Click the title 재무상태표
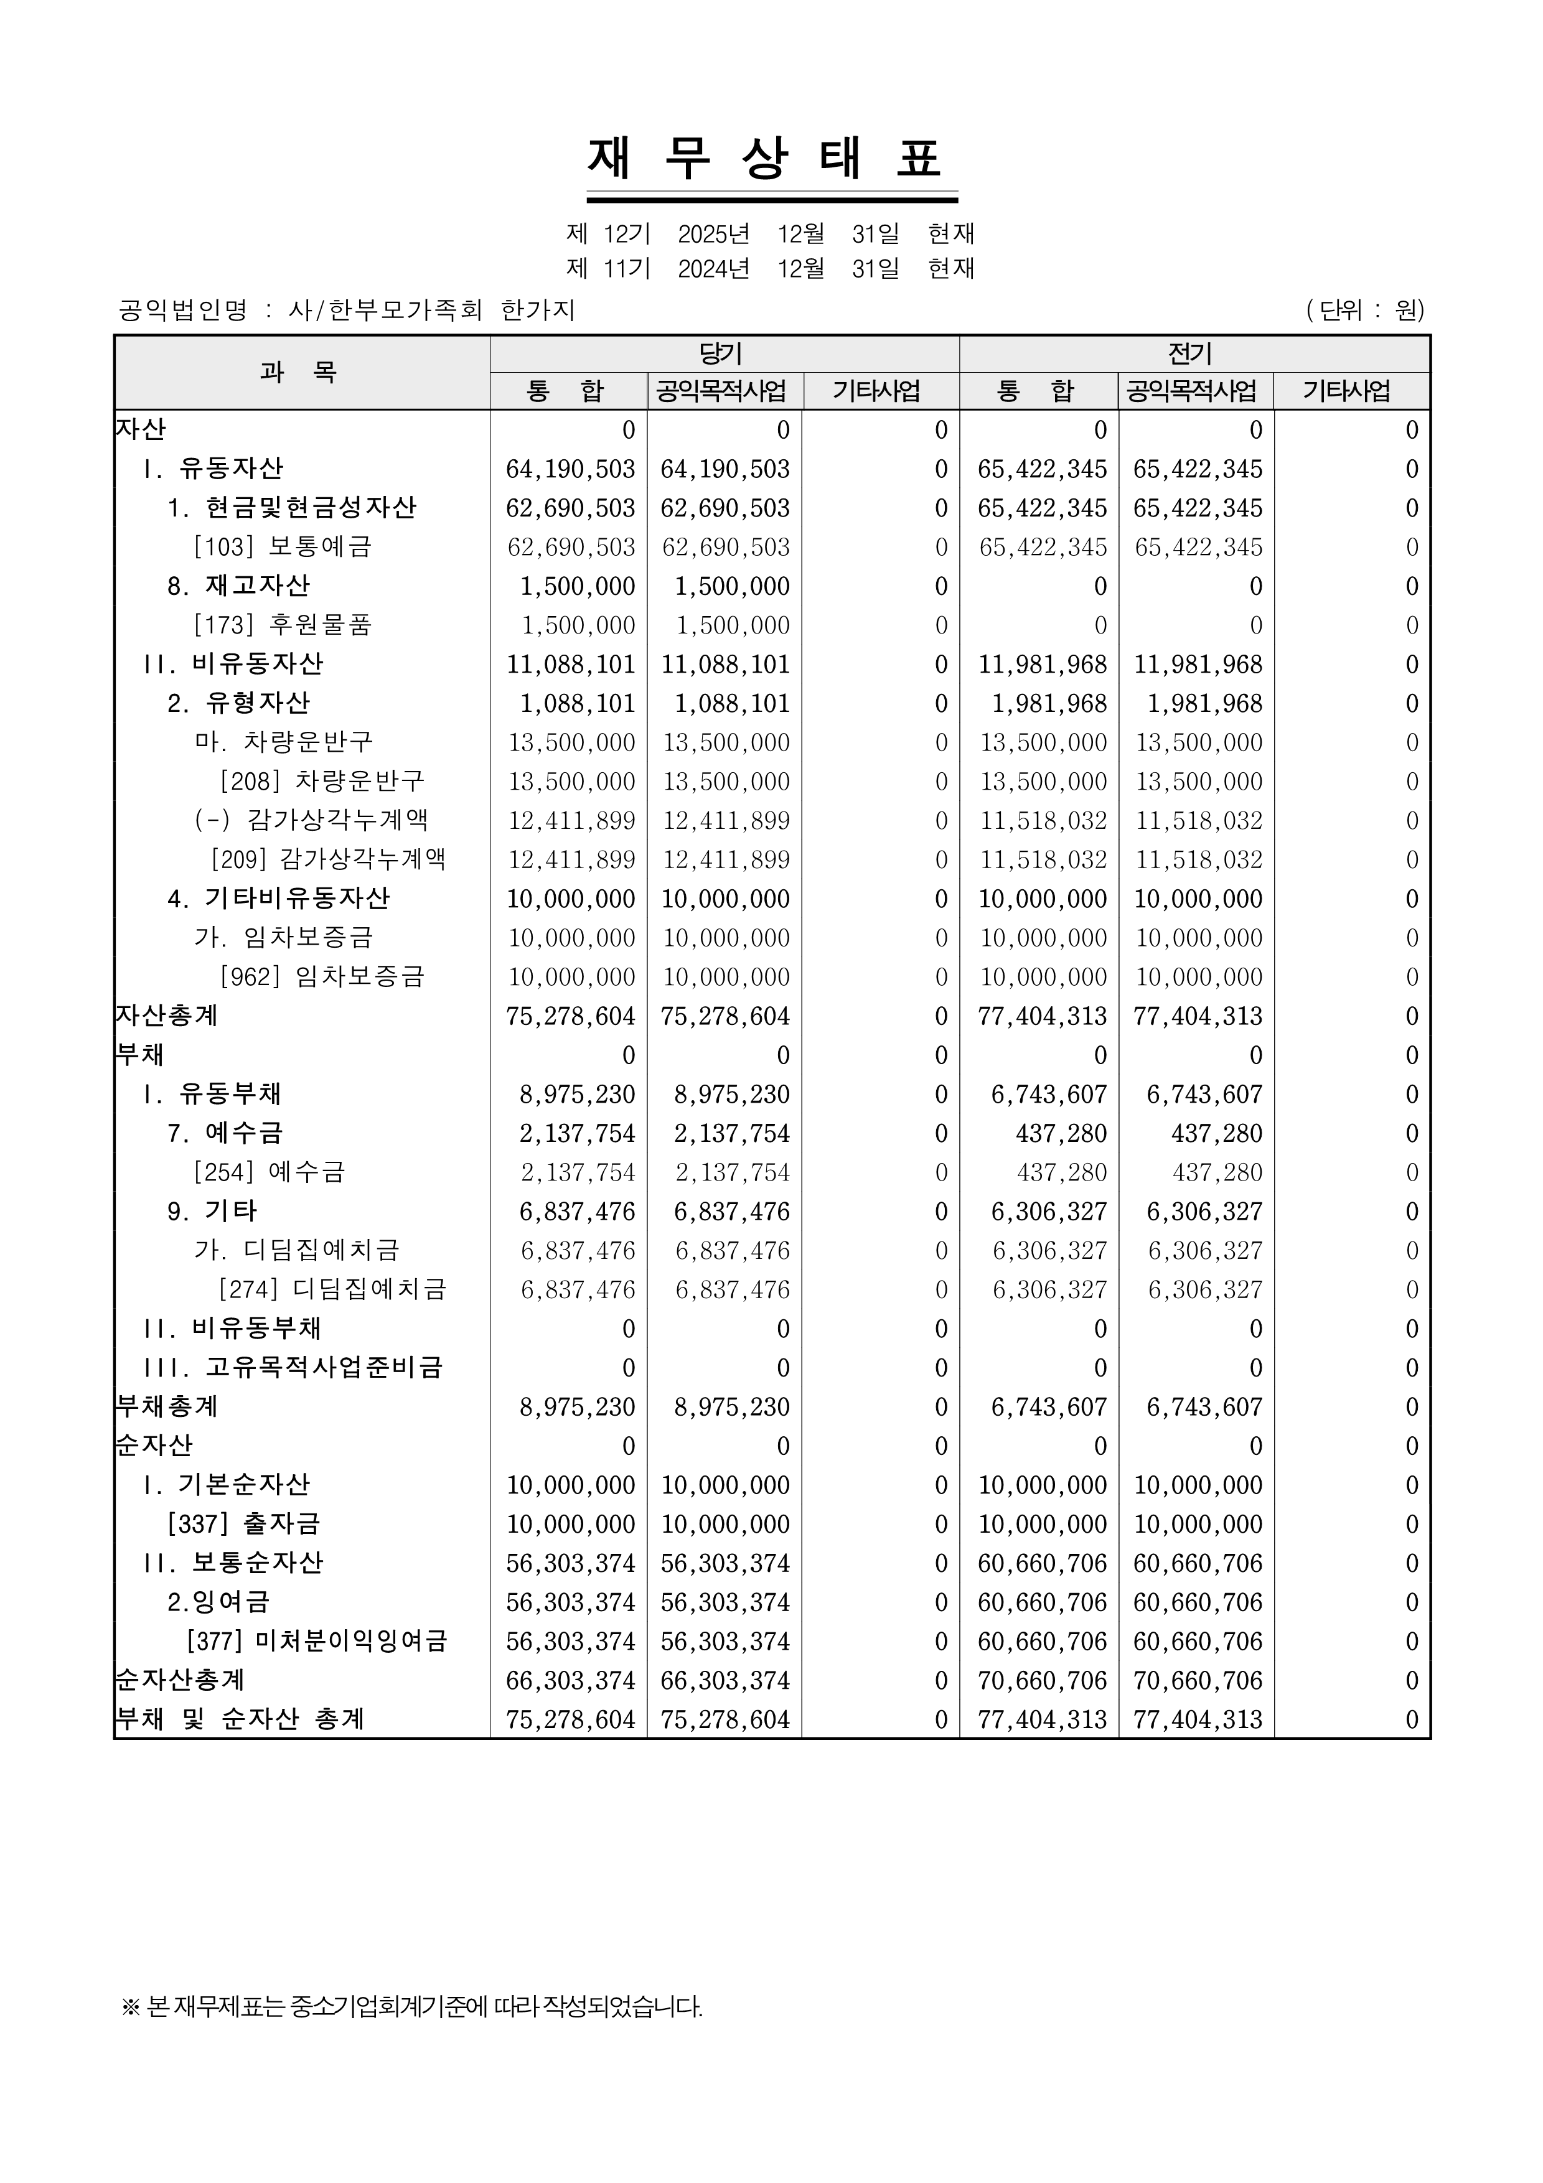click(771, 158)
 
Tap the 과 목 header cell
click(301, 372)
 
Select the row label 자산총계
click(167, 1016)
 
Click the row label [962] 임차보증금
click(322, 976)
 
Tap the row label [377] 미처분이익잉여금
click(317, 1641)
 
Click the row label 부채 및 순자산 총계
click(240, 1719)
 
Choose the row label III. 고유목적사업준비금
click(293, 1367)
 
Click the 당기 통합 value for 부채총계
click(577, 1407)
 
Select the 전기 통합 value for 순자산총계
click(1043, 1680)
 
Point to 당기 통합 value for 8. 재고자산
click(577, 586)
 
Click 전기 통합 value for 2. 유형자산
click(1049, 704)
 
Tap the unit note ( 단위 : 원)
click(1365, 310)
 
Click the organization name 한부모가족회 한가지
click(431, 310)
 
